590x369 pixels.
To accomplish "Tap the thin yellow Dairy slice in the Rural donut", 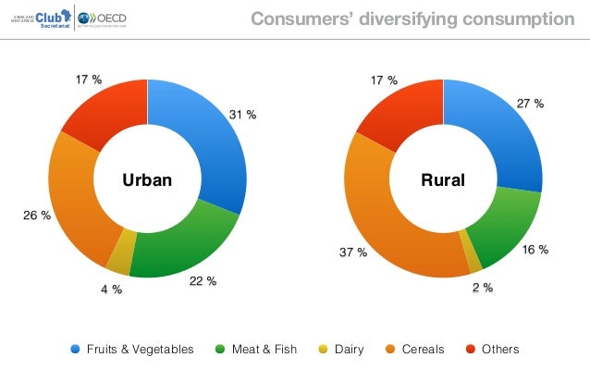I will pyautogui.click(x=473, y=261).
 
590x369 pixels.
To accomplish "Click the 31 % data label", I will pyautogui.click(x=242, y=115).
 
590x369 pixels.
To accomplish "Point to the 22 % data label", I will pyautogui.click(x=203, y=281).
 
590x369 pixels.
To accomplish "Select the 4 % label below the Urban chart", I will pyautogui.click(x=111, y=289).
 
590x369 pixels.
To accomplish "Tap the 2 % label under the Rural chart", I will pyautogui.click(x=482, y=288).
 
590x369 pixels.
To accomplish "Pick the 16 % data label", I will pyautogui.click(x=535, y=250).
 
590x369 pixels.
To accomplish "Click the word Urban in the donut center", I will pyautogui.click(x=148, y=179).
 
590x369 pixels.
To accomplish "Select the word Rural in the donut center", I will pyautogui.click(x=443, y=179).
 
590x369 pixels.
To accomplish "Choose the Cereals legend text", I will pyautogui.click(x=423, y=350).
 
